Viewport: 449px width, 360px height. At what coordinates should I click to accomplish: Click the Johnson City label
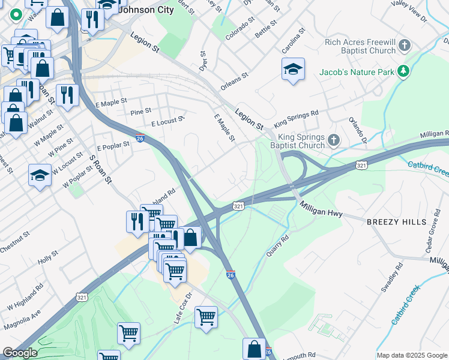click(x=146, y=10)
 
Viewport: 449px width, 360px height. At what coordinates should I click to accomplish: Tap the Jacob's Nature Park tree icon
click(x=405, y=72)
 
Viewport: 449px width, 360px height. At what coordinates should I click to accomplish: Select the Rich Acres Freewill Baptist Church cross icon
click(x=405, y=45)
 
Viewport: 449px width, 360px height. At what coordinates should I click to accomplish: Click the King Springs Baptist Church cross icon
click(x=334, y=140)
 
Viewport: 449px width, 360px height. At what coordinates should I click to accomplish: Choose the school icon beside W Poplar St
click(x=40, y=175)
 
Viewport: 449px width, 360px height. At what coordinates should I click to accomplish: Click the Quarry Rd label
click(x=277, y=245)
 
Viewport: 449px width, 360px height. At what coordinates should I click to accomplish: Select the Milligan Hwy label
click(x=322, y=207)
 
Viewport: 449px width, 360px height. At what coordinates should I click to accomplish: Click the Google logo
click(x=19, y=353)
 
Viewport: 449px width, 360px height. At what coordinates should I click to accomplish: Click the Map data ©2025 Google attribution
click(x=411, y=355)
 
